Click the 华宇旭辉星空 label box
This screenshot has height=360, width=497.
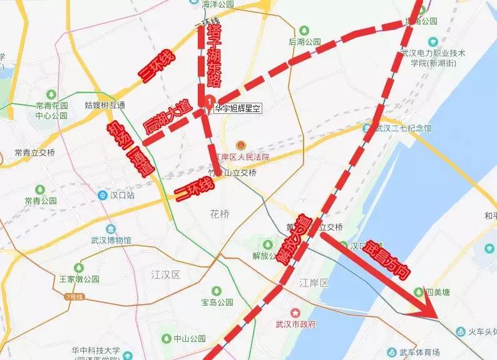pyautogui.click(x=238, y=108)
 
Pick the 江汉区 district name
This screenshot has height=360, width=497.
pyautogui.click(x=166, y=275)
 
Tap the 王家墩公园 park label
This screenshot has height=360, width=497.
pyautogui.click(x=80, y=279)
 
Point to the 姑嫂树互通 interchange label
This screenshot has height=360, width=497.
pyautogui.click(x=105, y=105)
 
